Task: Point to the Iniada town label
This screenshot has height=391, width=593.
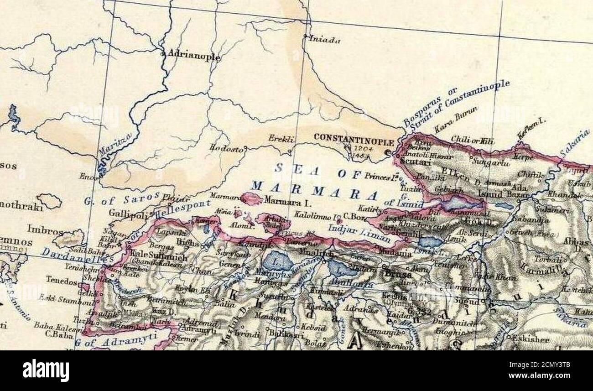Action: (325, 40)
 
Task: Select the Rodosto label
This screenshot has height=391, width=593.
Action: (226, 147)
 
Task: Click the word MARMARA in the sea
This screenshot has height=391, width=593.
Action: (314, 191)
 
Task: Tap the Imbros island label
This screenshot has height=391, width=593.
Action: (45, 229)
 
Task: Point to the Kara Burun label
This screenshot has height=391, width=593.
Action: (455, 120)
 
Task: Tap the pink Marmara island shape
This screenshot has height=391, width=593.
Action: (252, 198)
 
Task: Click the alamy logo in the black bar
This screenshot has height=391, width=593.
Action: (46, 370)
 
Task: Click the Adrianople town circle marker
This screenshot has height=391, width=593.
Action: (163, 54)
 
